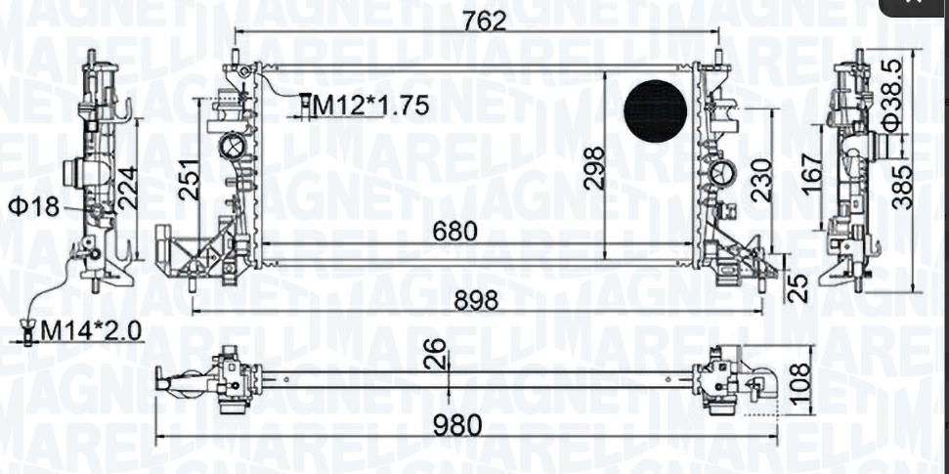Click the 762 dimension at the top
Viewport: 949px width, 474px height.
[484, 22]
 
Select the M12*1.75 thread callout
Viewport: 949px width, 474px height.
[370, 106]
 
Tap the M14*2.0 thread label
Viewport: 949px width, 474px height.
[90, 330]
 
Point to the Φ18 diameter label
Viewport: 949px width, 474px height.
[34, 207]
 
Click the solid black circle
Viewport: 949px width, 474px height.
[656, 111]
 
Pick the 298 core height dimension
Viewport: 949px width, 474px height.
[595, 168]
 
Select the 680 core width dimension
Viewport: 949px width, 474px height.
[455, 231]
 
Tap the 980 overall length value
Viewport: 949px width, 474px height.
[459, 425]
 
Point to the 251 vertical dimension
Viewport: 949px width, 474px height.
[189, 180]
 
